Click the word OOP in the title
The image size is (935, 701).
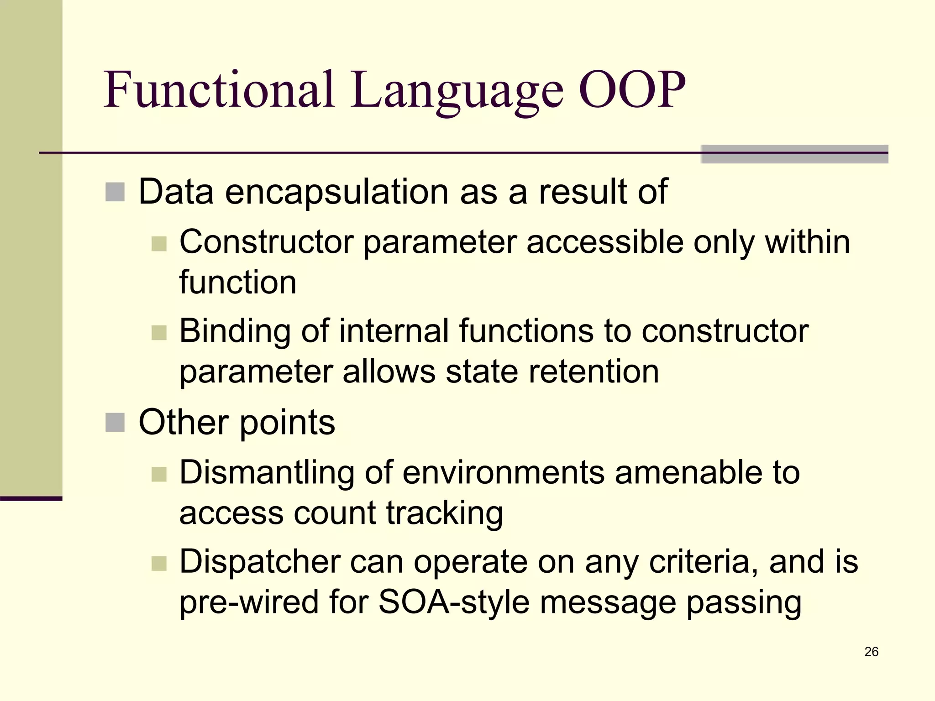tap(632, 89)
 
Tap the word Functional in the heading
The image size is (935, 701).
tap(219, 89)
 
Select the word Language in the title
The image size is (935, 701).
tap(457, 91)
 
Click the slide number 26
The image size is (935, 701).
tap(871, 652)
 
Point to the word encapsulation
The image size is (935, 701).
tap(337, 192)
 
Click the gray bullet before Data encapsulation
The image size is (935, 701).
tap(115, 192)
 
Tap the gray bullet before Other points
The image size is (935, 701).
tap(115, 422)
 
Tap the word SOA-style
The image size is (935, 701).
tap(454, 602)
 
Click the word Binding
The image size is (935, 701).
tap(235, 331)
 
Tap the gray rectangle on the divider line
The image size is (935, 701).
tap(794, 154)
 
